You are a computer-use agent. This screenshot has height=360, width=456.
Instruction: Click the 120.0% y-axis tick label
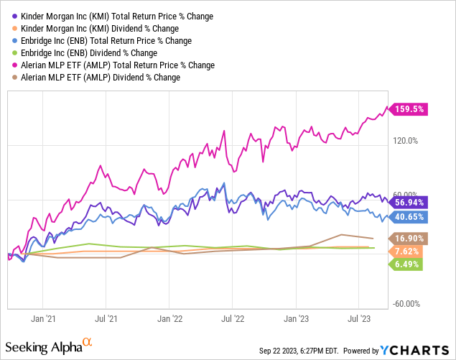pos(406,141)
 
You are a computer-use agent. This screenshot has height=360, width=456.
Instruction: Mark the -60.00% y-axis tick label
pos(406,304)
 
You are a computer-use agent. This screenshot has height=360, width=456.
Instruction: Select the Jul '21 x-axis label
pos(106,315)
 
